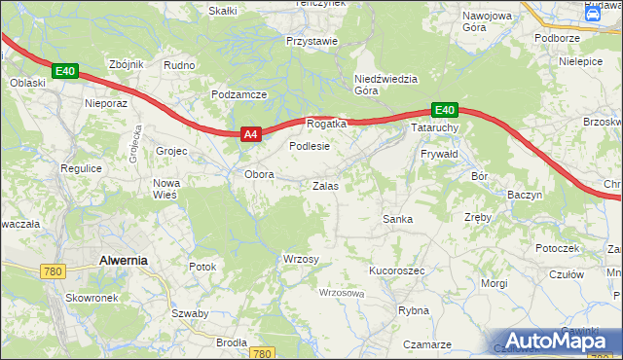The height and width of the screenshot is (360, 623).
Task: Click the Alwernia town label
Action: click(123, 260)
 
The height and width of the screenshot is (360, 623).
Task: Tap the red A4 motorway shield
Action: click(250, 135)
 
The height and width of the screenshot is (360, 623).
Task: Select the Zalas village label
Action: click(325, 185)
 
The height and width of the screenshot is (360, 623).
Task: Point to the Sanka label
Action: click(397, 219)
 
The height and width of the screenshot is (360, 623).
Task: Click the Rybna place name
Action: click(414, 310)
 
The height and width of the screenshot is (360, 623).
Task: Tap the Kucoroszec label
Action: click(396, 270)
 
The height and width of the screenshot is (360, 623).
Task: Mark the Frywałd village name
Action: click(439, 155)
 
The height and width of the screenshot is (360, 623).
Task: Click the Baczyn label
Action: click(524, 195)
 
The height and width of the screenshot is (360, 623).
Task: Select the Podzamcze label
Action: click(238, 94)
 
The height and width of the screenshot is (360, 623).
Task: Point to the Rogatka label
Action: click(326, 125)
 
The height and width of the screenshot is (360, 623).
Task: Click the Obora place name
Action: click(259, 175)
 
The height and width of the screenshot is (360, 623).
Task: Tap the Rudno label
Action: click(180, 65)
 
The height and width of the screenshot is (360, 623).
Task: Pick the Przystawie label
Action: click(311, 41)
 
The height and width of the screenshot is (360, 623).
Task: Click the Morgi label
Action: click(495, 283)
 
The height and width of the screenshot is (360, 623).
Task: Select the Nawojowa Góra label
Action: click(488, 22)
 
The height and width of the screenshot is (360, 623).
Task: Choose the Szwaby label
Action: click(190, 313)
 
